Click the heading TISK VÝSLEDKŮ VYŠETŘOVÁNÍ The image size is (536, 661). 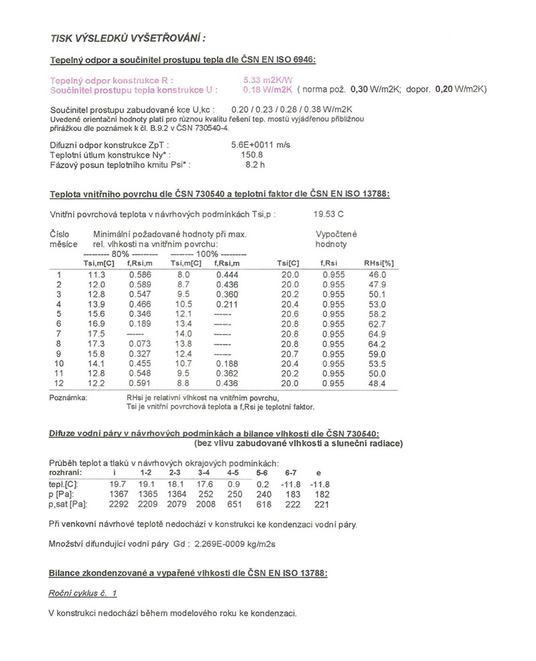[115, 38]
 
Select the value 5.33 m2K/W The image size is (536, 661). [265, 80]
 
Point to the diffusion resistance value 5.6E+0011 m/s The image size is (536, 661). [261, 144]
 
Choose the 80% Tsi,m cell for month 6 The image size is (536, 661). [98, 323]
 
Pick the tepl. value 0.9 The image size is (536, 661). [233, 484]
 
